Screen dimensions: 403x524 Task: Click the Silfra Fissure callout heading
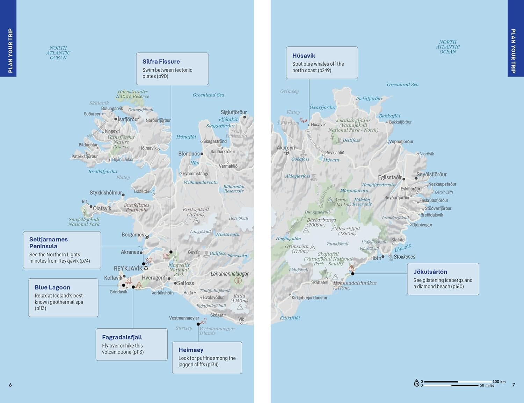click(x=161, y=61)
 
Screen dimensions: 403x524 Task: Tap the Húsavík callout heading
click(x=304, y=56)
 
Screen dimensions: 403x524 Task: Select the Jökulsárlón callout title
click(x=430, y=272)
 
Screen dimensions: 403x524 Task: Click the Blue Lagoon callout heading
click(x=52, y=287)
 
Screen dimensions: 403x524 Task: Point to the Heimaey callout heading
click(x=191, y=350)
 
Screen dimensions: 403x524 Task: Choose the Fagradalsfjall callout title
click(x=122, y=337)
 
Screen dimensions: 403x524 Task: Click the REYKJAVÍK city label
click(x=128, y=269)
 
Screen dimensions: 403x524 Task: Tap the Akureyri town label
click(x=286, y=148)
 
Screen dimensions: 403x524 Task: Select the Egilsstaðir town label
click(x=390, y=177)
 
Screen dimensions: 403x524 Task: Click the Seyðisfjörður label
click(x=431, y=175)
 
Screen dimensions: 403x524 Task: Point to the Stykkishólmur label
click(x=106, y=193)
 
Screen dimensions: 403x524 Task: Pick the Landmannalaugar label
click(x=230, y=274)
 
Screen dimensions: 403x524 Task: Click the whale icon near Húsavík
click(x=303, y=120)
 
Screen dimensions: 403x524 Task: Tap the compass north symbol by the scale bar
click(x=416, y=383)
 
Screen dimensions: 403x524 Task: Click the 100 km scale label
click(x=499, y=382)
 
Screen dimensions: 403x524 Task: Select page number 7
click(x=514, y=385)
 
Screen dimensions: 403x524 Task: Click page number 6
click(x=10, y=385)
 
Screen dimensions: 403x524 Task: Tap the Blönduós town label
click(x=189, y=154)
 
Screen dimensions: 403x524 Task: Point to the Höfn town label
click(x=376, y=258)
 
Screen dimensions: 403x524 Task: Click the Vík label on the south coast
click(x=241, y=319)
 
